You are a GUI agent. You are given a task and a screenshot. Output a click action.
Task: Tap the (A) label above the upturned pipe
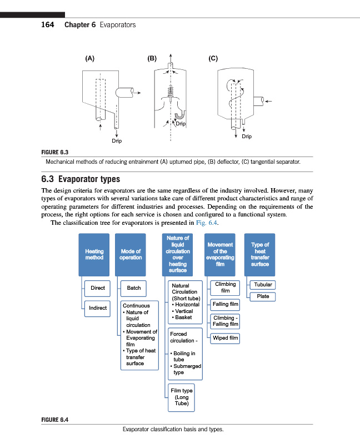[89, 58]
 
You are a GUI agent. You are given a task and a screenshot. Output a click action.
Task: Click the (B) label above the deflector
[152, 58]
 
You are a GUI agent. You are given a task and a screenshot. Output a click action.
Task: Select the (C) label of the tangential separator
[213, 58]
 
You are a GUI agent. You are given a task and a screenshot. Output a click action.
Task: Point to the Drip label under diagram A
[116, 141]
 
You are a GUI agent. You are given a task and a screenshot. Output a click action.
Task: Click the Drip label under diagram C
[247, 136]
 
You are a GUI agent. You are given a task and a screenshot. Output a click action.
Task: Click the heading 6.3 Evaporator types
[81, 179]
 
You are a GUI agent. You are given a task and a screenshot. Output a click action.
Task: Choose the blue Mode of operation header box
[131, 255]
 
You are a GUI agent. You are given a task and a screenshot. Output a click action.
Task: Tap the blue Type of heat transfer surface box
[259, 255]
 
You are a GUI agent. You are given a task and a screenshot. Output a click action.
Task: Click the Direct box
[98, 288]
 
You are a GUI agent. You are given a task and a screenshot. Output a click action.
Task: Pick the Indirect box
[98, 308]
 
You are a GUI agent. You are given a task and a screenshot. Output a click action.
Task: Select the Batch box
[134, 288]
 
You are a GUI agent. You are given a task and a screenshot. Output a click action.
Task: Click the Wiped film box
[226, 337]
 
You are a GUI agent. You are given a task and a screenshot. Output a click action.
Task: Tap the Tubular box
[263, 285]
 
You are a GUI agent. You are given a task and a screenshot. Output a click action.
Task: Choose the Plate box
[263, 296]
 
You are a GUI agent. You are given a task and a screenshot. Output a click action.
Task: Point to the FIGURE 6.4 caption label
[55, 419]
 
